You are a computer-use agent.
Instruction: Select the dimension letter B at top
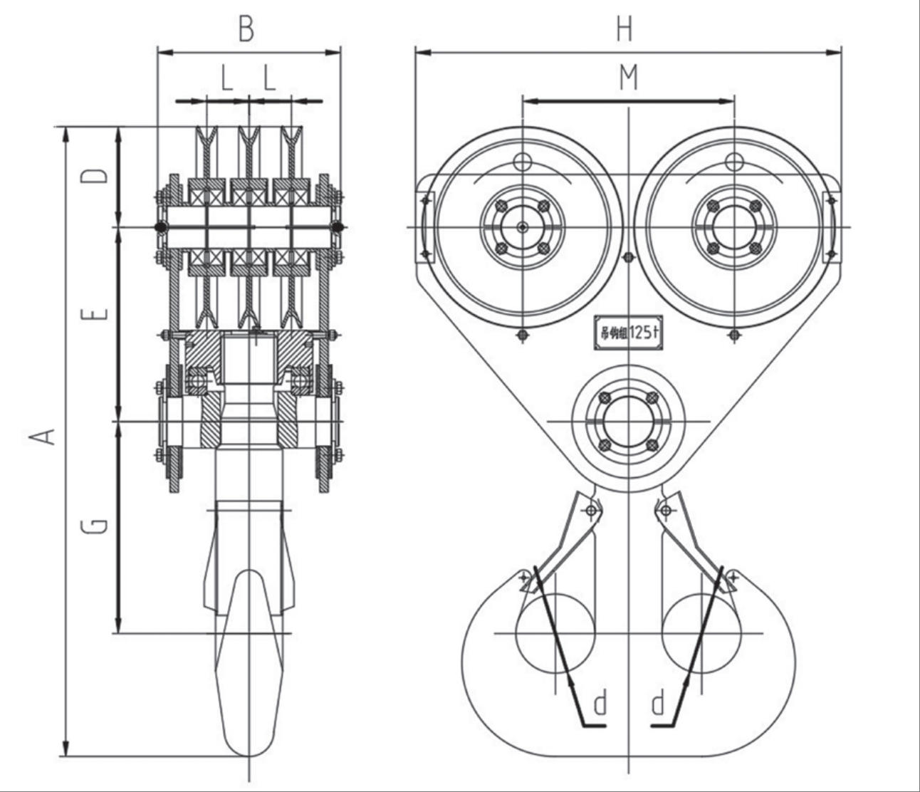246,30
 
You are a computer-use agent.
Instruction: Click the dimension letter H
624,30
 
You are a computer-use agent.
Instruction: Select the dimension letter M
627,78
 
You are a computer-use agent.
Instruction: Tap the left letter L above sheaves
226,78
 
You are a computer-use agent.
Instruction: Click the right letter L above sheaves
269,78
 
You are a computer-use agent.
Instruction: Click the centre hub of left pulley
523,227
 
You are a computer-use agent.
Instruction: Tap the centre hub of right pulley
733,227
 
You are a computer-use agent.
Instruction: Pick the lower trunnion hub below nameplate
628,421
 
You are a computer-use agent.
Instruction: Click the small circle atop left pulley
523,162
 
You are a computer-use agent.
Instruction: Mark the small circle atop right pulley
733,162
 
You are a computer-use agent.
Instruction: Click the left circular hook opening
555,633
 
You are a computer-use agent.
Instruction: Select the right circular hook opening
701,633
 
